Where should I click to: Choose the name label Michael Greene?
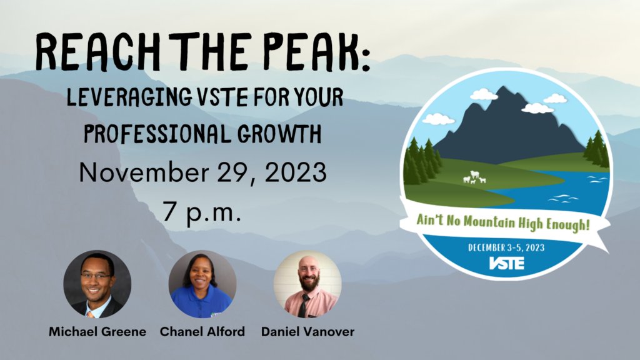point(97,332)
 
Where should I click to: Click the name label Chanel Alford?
point(202,332)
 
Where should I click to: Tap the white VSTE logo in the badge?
point(506,262)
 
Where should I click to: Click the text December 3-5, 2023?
point(506,247)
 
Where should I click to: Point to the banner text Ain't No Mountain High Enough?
point(502,220)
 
